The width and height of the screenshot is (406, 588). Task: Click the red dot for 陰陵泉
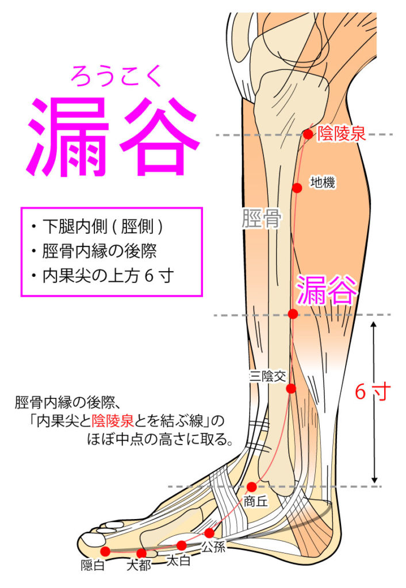[308, 134]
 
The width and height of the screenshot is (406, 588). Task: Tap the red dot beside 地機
[297, 188]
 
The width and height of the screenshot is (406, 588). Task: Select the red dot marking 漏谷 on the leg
[293, 314]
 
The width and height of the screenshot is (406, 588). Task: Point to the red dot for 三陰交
[291, 389]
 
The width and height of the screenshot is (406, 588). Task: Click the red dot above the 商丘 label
[252, 487]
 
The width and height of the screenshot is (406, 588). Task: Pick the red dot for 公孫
[209, 533]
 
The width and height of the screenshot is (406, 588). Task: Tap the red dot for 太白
[181, 546]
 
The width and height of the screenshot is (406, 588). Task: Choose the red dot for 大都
[141, 553]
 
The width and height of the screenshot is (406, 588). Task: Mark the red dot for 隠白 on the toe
[106, 551]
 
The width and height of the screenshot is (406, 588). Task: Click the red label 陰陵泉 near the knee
[342, 134]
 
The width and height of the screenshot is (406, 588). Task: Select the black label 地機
[323, 183]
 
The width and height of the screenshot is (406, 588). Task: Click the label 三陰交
[268, 376]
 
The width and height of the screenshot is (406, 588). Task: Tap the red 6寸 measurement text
[373, 392]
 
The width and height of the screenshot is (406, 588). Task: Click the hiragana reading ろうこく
[116, 75]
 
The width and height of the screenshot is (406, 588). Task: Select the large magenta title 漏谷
[113, 136]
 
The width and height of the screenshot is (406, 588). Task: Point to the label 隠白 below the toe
[93, 565]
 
